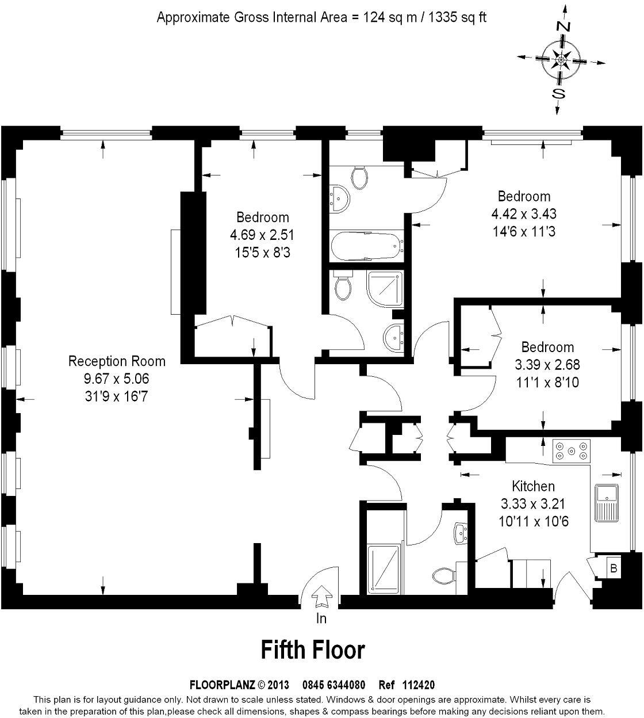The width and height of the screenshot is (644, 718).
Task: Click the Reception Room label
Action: [117, 361]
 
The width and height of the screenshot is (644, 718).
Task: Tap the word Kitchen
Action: [533, 487]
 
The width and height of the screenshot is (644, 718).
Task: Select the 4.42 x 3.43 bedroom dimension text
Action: [523, 214]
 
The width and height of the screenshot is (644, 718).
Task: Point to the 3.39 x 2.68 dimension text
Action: [547, 365]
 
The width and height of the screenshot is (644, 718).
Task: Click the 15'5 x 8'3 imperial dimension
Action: [262, 252]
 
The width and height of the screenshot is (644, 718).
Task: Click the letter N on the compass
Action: [564, 26]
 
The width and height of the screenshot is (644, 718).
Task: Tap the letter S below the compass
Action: [557, 93]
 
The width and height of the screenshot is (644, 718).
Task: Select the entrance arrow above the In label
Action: [320, 596]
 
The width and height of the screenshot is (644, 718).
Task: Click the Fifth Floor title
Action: [313, 650]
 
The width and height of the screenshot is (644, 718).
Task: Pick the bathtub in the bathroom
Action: [366, 246]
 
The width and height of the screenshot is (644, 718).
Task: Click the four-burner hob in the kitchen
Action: [571, 450]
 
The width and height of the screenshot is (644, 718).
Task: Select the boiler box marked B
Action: [614, 568]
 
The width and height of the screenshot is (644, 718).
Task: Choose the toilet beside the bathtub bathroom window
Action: [361, 178]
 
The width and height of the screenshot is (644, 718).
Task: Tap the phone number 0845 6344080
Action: [333, 685]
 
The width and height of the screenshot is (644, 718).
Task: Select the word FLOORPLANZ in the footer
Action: [222, 685]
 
